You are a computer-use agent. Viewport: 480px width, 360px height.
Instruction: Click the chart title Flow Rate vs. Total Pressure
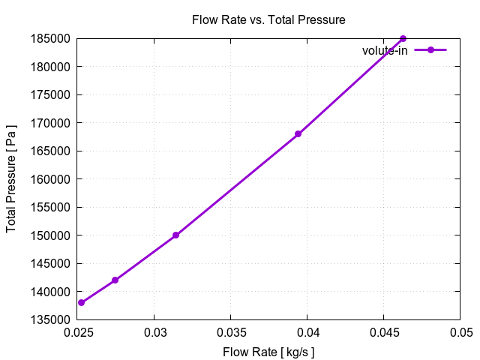tap(268, 20)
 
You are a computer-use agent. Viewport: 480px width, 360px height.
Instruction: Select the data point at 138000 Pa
tap(82, 303)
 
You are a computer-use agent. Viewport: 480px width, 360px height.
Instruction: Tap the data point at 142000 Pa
tap(115, 280)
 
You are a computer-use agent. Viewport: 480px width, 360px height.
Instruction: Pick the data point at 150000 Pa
tap(175, 235)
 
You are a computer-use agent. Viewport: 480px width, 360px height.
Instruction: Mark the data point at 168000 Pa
tap(298, 134)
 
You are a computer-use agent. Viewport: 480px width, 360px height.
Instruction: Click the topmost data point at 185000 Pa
tap(403, 38)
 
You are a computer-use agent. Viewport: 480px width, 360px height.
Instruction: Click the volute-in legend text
tap(385, 50)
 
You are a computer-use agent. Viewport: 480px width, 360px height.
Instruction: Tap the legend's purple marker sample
tap(430, 50)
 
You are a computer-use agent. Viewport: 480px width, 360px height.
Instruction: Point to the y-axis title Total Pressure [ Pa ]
tap(11, 178)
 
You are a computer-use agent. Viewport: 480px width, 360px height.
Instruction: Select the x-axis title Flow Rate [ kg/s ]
tap(268, 352)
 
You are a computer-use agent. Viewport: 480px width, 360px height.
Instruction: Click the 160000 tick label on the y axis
tap(55, 179)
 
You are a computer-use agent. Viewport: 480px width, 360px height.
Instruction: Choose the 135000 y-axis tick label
tap(55, 320)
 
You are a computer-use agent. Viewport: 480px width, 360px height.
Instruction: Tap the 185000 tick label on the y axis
tap(55, 38)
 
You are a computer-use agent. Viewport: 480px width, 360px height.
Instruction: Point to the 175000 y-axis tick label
tap(55, 94)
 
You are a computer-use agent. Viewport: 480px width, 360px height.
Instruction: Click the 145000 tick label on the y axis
tap(55, 264)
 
